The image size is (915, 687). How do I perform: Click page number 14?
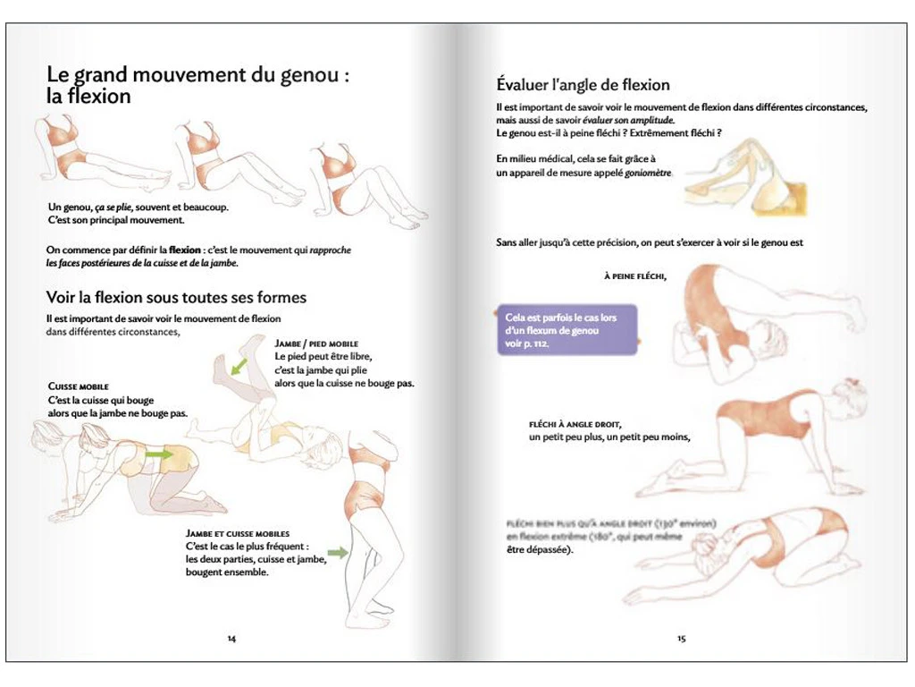point(231,639)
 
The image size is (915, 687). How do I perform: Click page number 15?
point(681,639)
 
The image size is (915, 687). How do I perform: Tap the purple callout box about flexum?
point(566,330)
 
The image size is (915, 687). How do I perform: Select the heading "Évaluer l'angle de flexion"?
point(583,85)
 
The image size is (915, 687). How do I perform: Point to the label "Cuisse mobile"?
point(78,386)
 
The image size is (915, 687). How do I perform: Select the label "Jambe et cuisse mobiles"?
point(237,533)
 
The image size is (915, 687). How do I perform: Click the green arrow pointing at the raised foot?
point(239,366)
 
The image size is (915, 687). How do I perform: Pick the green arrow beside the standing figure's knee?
point(338,553)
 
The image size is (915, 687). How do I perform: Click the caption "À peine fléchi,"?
point(635,276)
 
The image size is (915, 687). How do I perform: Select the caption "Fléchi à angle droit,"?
point(575,424)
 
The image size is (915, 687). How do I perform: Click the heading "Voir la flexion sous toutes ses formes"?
point(176,297)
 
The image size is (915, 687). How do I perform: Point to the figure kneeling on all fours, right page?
point(760,438)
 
